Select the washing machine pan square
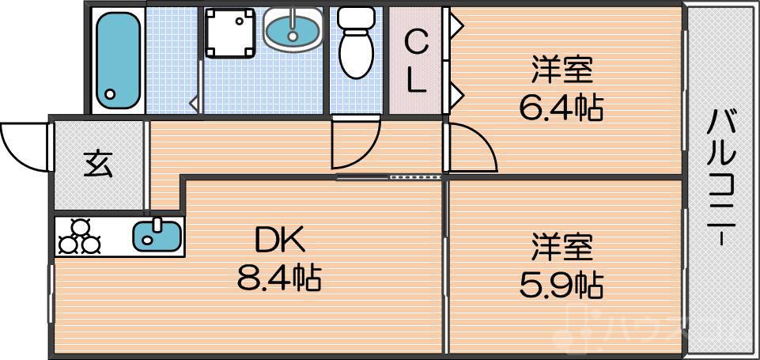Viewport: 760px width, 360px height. [230, 33]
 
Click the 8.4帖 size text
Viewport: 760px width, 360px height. [278, 278]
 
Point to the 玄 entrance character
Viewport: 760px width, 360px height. [99, 164]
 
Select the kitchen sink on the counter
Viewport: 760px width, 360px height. [157, 235]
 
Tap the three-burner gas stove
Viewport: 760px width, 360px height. [79, 237]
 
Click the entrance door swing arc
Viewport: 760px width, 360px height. [24, 144]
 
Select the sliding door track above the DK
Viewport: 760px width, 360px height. [390, 177]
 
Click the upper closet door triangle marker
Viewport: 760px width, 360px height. [456, 25]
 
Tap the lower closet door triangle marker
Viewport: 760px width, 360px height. [456, 96]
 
